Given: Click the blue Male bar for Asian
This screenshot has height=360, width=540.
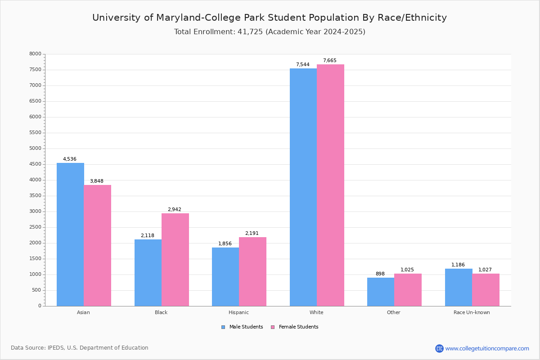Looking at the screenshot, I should tap(70, 234).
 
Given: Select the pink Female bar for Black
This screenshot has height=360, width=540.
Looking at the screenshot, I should tap(175, 260).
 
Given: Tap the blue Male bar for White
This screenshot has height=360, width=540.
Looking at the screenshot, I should tap(303, 187).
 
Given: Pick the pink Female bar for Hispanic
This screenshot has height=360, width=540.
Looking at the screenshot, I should tap(252, 271).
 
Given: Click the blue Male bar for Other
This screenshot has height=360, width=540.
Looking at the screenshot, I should tap(381, 292).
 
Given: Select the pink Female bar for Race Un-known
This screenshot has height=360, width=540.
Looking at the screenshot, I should tap(486, 290).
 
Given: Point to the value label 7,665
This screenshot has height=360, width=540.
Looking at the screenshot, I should tap(329, 61).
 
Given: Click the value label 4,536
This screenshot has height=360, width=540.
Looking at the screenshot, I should tap(70, 159).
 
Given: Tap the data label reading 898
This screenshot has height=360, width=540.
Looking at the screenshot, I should tap(380, 274).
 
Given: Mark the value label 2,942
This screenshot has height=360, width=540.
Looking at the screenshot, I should tap(175, 210).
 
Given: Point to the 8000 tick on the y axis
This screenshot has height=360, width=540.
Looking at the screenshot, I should tap(35, 54).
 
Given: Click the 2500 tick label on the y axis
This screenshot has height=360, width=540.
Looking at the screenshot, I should tap(35, 227).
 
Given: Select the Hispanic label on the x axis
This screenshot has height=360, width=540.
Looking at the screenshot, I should tap(238, 312).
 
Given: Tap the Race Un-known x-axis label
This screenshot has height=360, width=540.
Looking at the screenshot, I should tap(472, 312).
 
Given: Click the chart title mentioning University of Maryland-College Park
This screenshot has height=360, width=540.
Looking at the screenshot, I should tap(270, 18).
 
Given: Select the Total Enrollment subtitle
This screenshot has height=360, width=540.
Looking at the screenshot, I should tap(270, 32).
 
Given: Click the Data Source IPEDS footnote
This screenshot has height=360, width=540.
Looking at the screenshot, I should tap(80, 348).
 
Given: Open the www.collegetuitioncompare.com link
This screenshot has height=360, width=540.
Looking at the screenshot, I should tap(487, 348).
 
